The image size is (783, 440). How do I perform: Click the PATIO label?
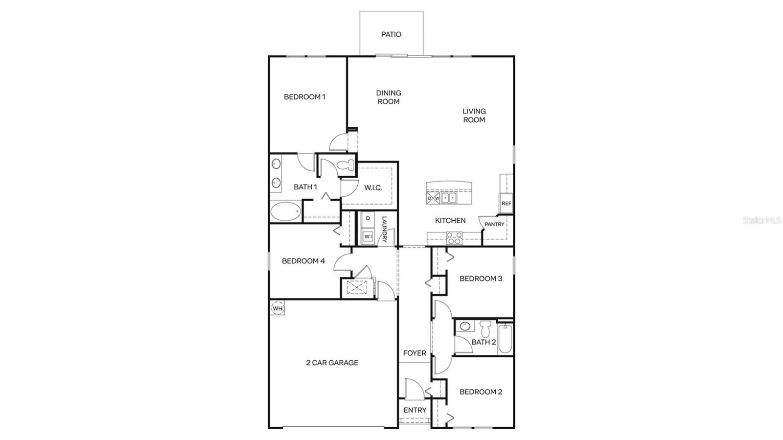pyautogui.click(x=391, y=34)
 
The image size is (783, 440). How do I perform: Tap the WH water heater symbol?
pyautogui.click(x=277, y=308)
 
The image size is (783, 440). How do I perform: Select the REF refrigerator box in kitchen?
pyautogui.click(x=506, y=203)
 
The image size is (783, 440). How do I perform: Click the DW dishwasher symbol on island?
pyautogui.click(x=433, y=198)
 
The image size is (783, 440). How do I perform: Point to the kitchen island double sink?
pyautogui.click(x=449, y=198)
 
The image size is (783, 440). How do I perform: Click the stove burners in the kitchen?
pyautogui.click(x=455, y=238)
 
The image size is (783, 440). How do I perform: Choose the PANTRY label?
pyautogui.click(x=494, y=224)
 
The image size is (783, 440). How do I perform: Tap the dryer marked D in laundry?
pyautogui.click(x=368, y=218)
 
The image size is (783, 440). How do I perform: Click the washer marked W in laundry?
pyautogui.click(x=368, y=237)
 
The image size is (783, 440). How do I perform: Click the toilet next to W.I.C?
pyautogui.click(x=346, y=165)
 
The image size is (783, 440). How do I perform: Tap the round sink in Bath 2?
pyautogui.click(x=466, y=326)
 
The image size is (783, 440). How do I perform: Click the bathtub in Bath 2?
pyautogui.click(x=505, y=338)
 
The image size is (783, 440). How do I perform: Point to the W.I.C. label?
pyautogui.click(x=373, y=187)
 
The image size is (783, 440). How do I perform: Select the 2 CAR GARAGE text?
pyautogui.click(x=332, y=363)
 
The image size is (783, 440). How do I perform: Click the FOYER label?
pyautogui.click(x=415, y=353)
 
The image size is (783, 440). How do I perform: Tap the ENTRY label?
pyautogui.click(x=415, y=410)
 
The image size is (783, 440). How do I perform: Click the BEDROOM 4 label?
pyautogui.click(x=303, y=261)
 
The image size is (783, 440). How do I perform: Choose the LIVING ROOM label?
pyautogui.click(x=474, y=116)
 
